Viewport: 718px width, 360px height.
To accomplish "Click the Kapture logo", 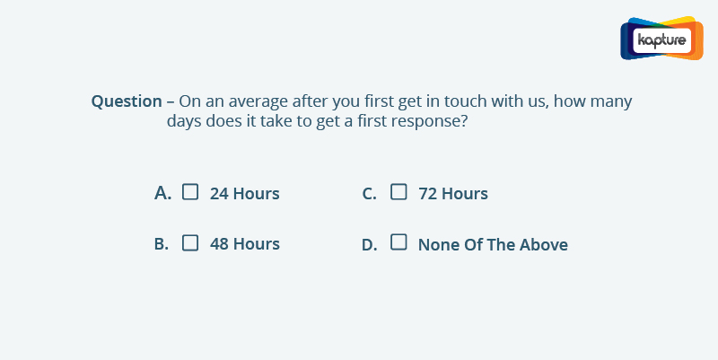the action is pyautogui.click(x=661, y=39).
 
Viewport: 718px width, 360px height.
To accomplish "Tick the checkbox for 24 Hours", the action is pyautogui.click(x=190, y=192).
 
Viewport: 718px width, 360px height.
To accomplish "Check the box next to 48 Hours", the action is pyautogui.click(x=190, y=242).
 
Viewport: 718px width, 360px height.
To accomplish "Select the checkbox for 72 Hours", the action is pyautogui.click(x=398, y=192).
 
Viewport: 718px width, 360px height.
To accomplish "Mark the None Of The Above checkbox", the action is pyautogui.click(x=398, y=241).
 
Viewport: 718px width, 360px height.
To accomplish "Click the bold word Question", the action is pyautogui.click(x=127, y=101).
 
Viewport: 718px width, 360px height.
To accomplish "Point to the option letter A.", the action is pyautogui.click(x=163, y=193).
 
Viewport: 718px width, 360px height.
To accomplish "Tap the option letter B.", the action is pyautogui.click(x=162, y=244).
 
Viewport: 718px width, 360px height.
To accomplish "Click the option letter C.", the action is pyautogui.click(x=369, y=194).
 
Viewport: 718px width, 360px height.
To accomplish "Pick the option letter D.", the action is pyautogui.click(x=370, y=245).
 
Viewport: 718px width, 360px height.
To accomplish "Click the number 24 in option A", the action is pyautogui.click(x=219, y=194).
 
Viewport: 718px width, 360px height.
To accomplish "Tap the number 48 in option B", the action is pyautogui.click(x=219, y=244).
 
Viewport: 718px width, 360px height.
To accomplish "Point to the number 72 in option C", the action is pyautogui.click(x=427, y=194).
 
